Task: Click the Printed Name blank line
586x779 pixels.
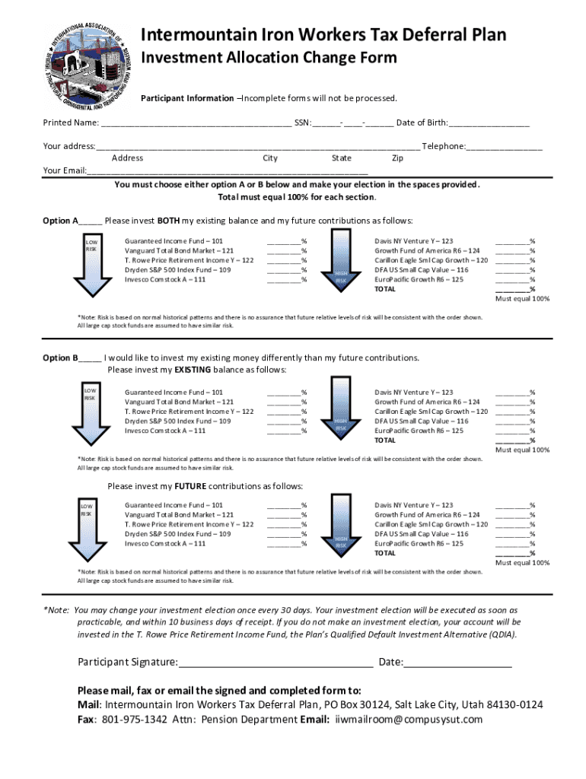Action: click(x=196, y=124)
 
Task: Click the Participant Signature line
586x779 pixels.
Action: click(x=275, y=663)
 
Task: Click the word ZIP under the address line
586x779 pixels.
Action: click(x=397, y=158)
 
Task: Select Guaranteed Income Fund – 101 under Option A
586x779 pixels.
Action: click(x=174, y=240)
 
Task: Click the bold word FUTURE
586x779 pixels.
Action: click(x=191, y=486)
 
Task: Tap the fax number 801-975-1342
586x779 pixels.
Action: click(x=135, y=720)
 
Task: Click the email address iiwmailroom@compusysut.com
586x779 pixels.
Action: click(x=409, y=720)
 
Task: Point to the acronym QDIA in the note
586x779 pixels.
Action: click(x=500, y=634)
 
